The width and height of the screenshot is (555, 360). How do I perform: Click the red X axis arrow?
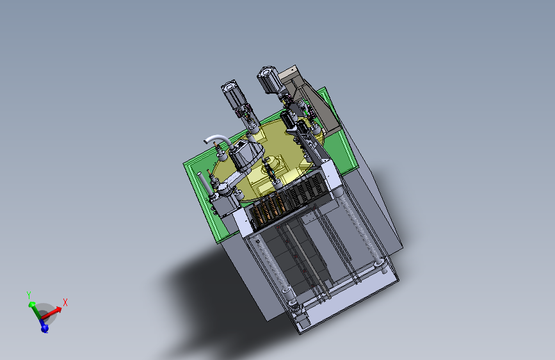[x=51, y=313]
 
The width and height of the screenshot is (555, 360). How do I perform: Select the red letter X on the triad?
[x=65, y=302]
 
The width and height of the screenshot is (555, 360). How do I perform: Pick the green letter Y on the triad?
[x=29, y=295]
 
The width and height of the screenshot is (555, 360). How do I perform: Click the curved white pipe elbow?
[x=216, y=139]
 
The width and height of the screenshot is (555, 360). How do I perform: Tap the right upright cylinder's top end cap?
[x=266, y=72]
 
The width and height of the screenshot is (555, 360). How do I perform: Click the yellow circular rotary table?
[x=269, y=160]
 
